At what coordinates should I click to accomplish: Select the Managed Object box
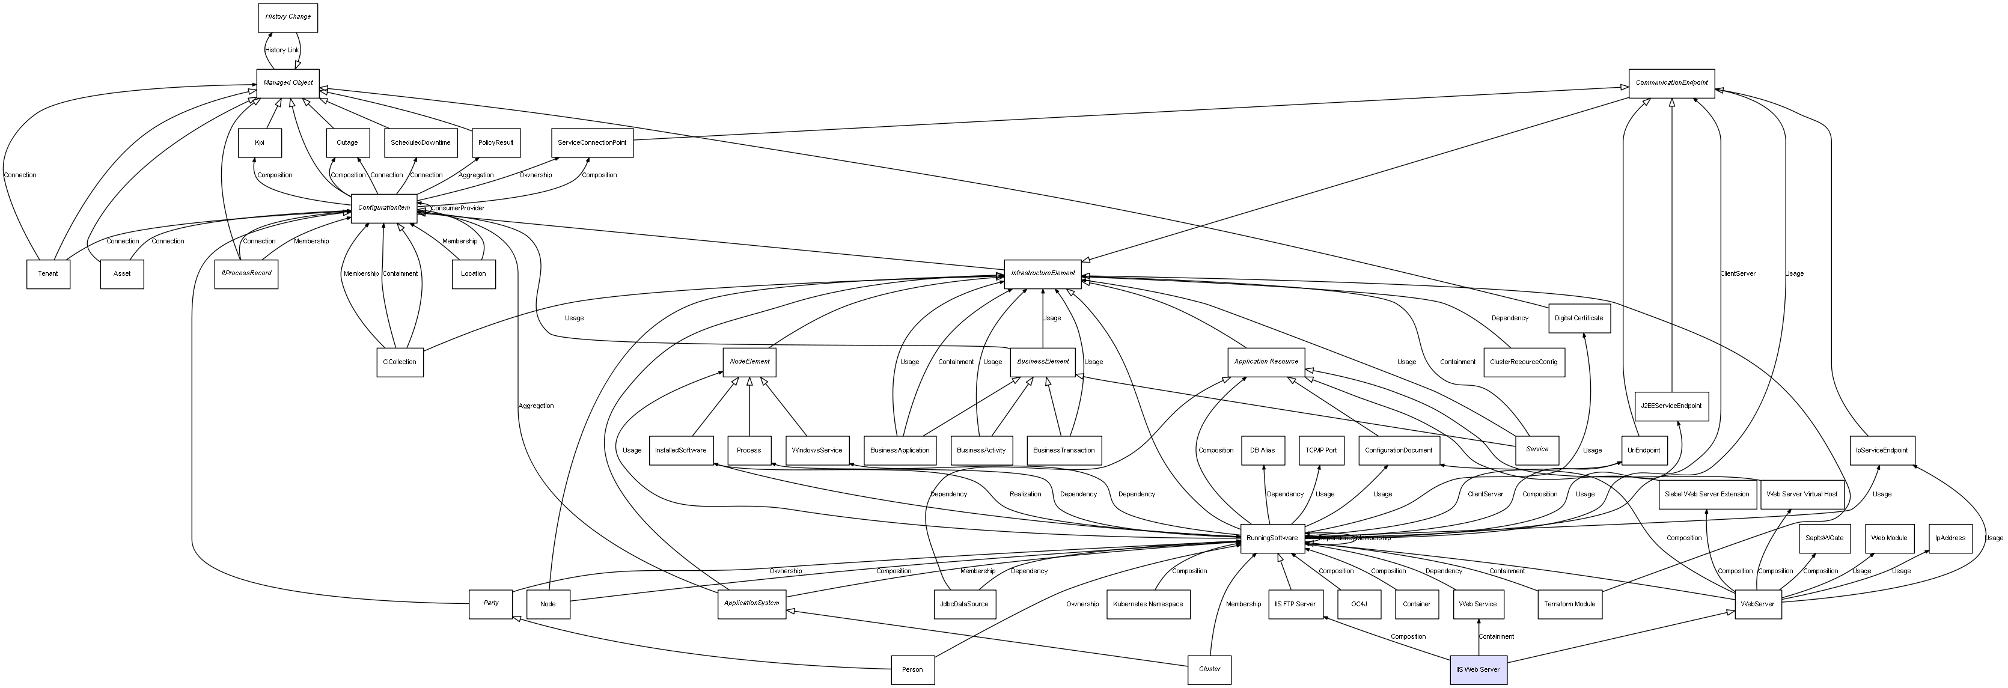288,82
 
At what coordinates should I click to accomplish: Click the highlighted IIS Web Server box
1478,669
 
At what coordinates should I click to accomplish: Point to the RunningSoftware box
1272,538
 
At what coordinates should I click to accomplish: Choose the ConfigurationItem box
383,208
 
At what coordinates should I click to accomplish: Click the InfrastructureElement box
1042,273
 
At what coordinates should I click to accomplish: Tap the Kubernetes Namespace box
1148,604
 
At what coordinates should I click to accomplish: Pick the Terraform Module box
1570,604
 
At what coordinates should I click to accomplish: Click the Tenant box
48,273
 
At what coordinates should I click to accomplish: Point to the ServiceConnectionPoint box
591,142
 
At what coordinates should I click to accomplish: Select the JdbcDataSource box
964,604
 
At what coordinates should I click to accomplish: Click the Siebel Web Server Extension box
1706,494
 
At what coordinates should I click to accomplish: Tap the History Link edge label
281,50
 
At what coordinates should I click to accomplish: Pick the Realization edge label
1025,494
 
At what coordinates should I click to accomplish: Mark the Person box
912,669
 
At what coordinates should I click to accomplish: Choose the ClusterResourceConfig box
1523,362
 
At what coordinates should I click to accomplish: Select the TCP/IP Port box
1320,451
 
